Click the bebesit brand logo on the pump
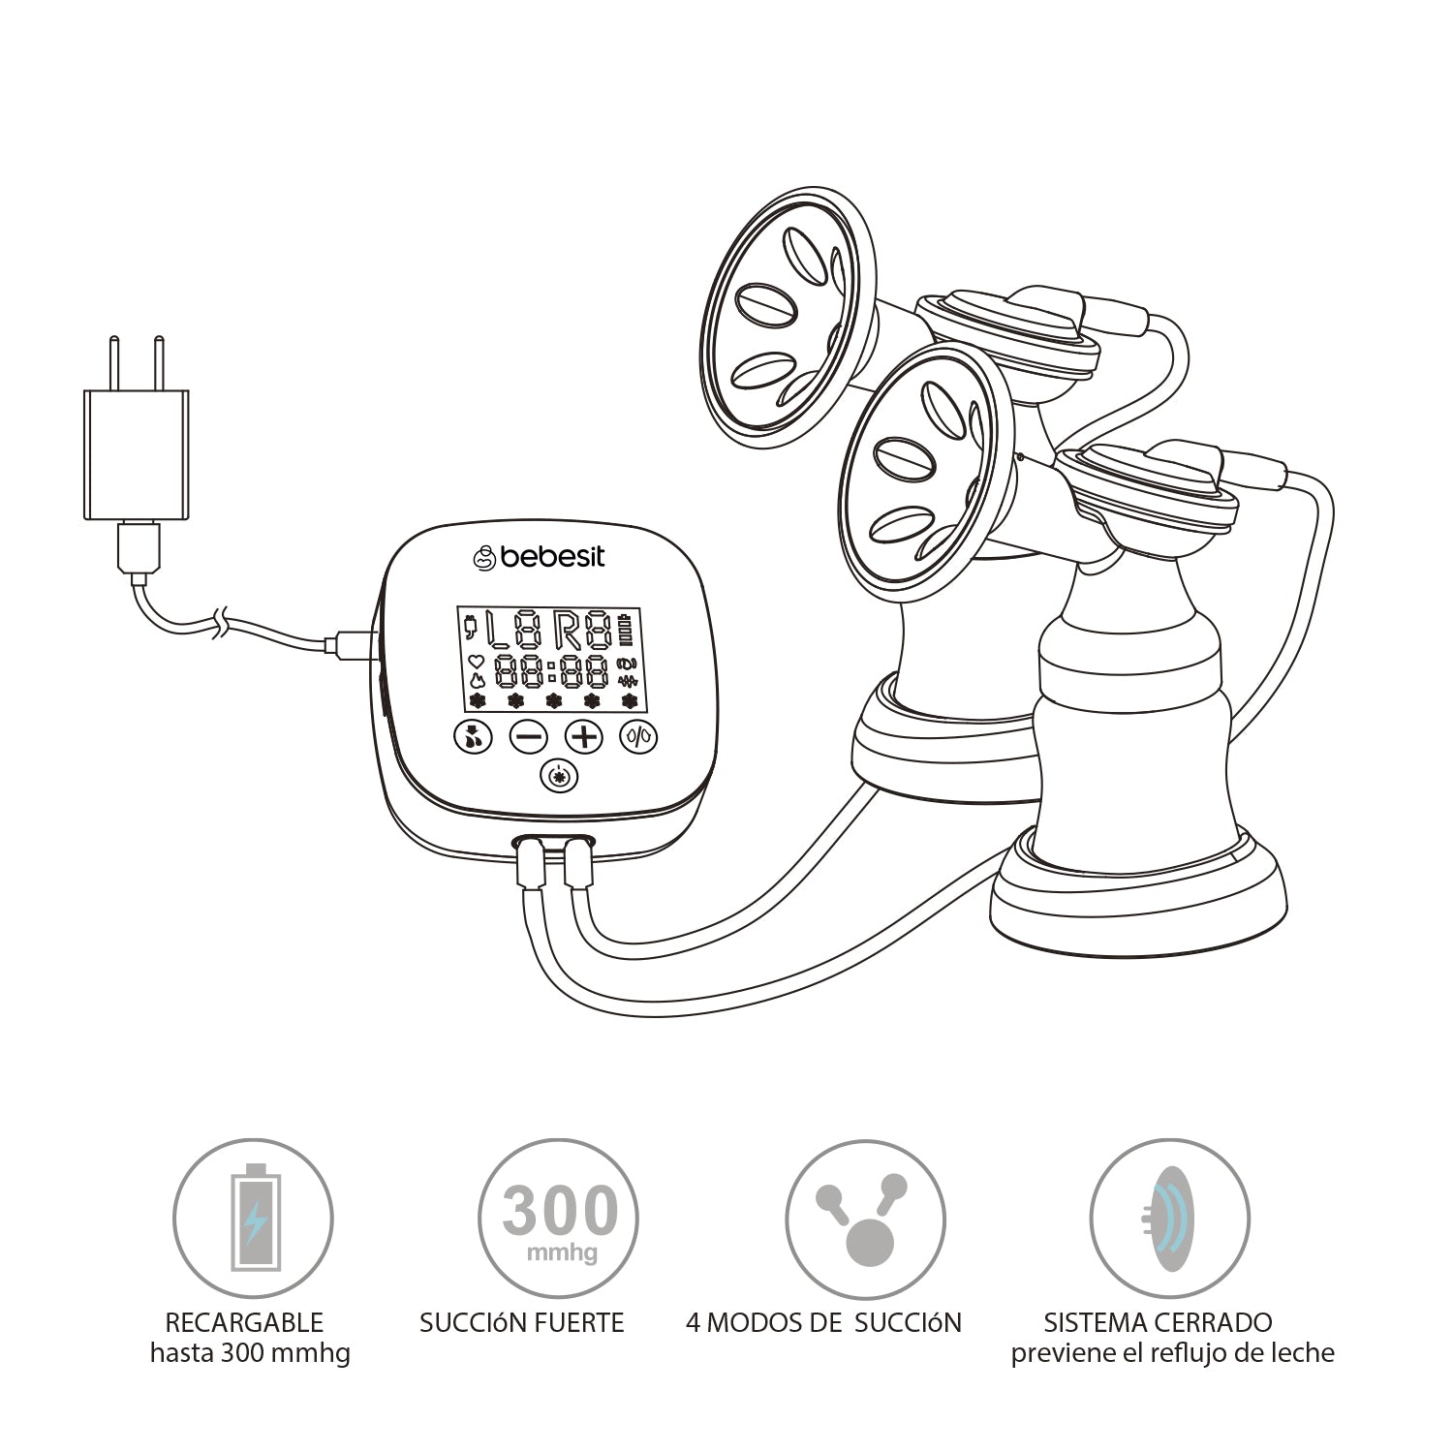539,557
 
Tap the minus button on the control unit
529,738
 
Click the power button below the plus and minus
556,778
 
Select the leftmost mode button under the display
473,738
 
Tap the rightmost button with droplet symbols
639,738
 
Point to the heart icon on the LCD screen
476,662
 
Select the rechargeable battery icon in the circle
254,1218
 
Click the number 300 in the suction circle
560,1211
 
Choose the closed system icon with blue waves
1169,1218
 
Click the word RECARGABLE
243,1322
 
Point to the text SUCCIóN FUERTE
521,1322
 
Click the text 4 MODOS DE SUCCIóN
823,1322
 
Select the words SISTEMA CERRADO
1158,1322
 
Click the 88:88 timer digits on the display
551,670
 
